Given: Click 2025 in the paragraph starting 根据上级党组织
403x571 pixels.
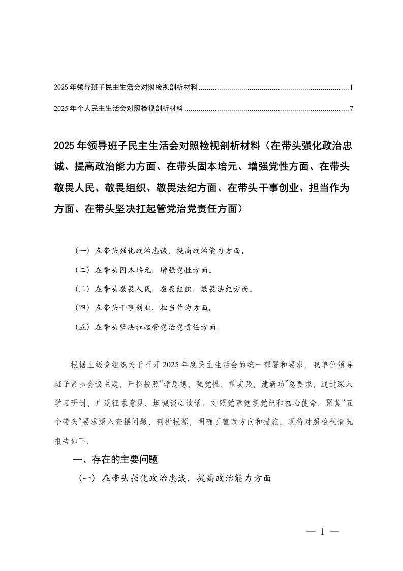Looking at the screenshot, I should click(x=174, y=365).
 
